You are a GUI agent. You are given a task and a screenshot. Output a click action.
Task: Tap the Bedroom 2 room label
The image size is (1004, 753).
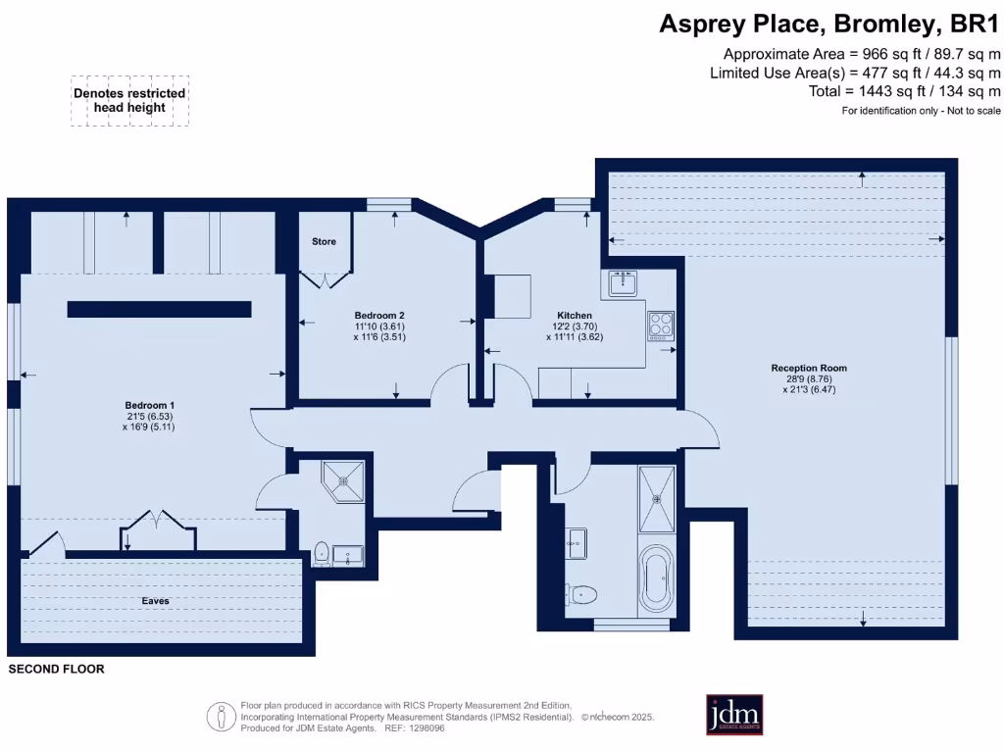point(379,314)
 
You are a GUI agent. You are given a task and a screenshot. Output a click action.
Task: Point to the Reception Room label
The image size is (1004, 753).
point(809,369)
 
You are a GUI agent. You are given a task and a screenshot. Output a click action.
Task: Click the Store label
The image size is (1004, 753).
point(324,241)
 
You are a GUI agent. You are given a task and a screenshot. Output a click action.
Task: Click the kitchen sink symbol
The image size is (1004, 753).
point(624,283)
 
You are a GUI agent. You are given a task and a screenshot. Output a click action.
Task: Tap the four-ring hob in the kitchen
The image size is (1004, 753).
point(661,325)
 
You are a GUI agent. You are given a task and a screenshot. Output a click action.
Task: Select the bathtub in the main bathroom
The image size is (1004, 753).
point(656,577)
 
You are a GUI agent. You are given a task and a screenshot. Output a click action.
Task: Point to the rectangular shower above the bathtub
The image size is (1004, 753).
point(656,499)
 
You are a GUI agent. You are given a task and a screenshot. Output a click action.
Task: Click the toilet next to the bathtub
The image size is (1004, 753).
point(584,593)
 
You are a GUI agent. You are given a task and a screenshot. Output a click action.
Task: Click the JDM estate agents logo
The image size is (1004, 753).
point(734,714)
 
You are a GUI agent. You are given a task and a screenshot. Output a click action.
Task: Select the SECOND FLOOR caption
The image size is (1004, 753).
point(56,670)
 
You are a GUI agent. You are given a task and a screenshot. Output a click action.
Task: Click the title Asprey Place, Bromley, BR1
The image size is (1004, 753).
point(828,24)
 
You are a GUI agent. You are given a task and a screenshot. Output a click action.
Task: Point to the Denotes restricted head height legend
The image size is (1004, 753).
point(129,100)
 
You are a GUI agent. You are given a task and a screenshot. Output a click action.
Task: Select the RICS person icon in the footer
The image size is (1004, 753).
point(222,717)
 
